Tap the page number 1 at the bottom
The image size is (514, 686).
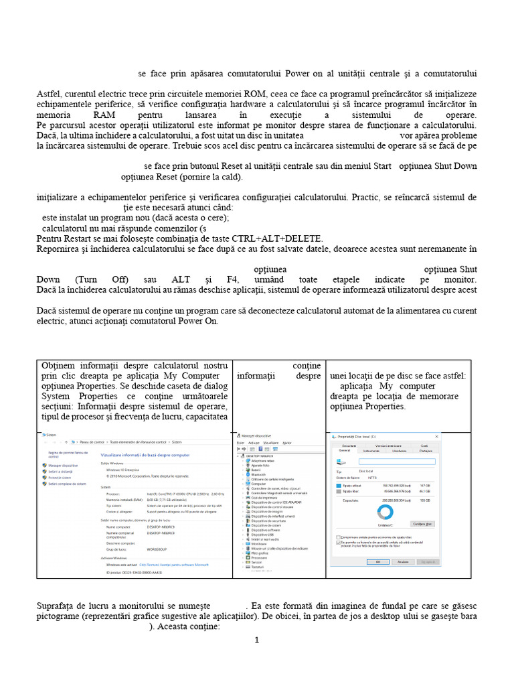tap(256, 640)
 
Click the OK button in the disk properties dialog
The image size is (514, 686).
tap(378, 562)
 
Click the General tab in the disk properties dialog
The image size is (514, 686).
tap(345, 451)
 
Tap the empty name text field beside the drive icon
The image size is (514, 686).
tap(397, 461)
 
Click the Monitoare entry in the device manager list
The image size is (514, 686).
tap(258, 544)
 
